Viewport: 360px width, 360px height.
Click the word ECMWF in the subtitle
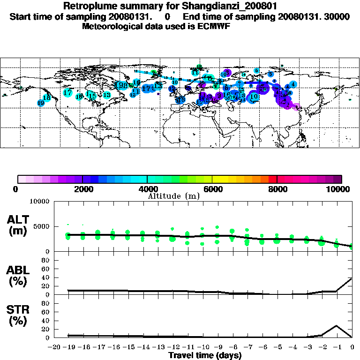coord(214,26)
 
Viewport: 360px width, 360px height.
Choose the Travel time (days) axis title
coord(205,356)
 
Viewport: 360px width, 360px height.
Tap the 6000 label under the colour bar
coord(212,189)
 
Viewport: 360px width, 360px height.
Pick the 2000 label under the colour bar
coord(82,189)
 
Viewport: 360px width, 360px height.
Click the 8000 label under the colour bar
coord(277,189)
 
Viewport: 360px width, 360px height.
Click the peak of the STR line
coord(336,325)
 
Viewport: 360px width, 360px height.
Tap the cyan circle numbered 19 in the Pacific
coord(41,103)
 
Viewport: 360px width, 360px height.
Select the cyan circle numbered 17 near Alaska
coord(67,92)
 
